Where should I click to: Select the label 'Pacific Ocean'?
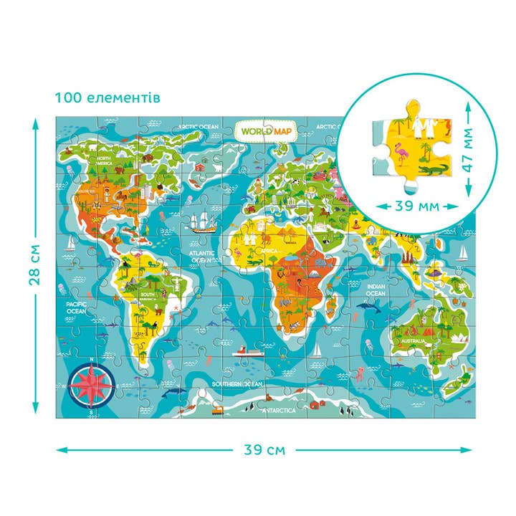coord(76,307)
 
